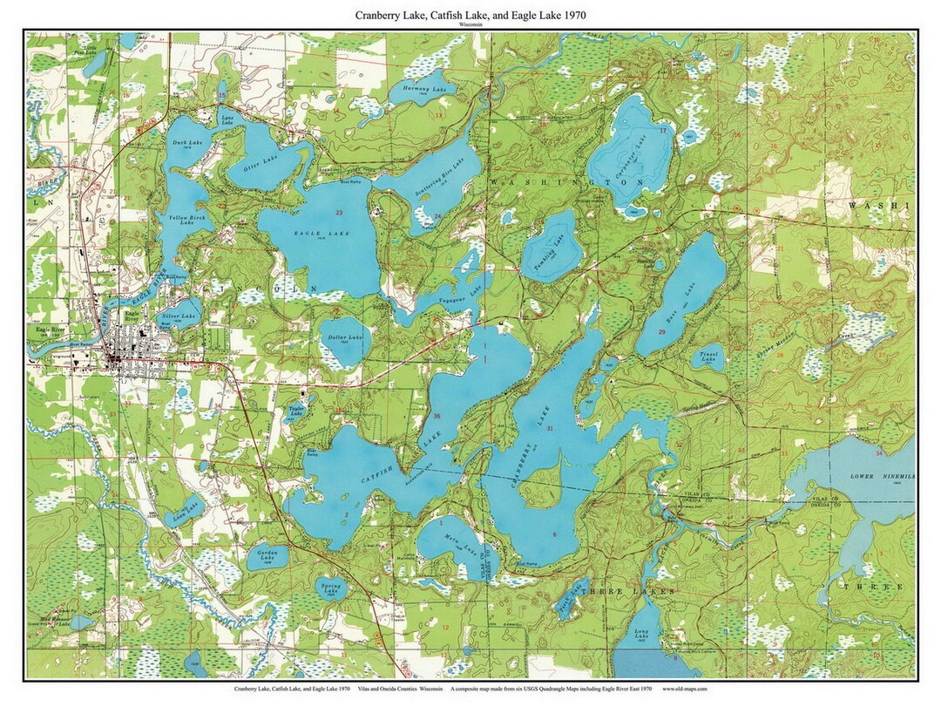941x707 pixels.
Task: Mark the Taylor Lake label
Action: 296,410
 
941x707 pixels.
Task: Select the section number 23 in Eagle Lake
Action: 338,214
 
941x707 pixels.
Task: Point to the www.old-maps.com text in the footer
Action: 685,689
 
